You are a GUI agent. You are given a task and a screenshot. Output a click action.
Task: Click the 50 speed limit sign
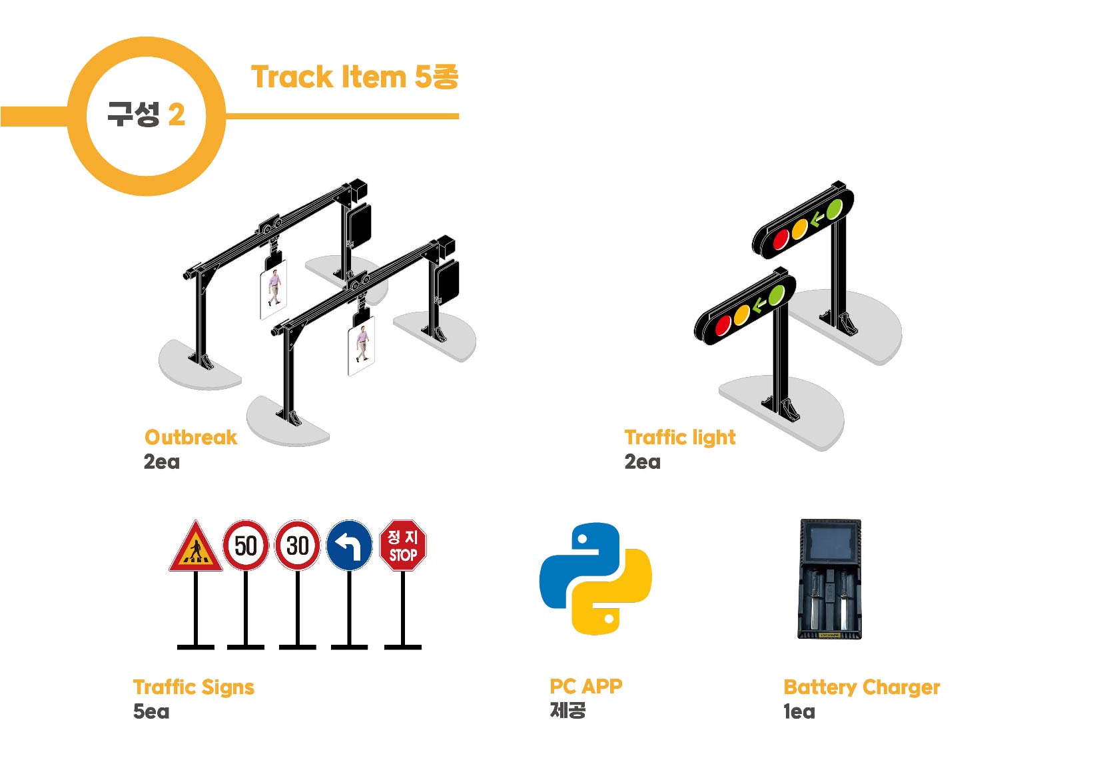[245, 546]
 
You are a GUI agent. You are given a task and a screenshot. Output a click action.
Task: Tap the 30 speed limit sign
[297, 546]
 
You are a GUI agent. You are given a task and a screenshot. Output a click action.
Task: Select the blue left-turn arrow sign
[349, 546]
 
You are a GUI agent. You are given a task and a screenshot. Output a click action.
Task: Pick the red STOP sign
[402, 546]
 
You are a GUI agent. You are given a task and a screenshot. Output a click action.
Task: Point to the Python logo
[595, 578]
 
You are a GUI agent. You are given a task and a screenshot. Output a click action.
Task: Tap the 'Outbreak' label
[190, 438]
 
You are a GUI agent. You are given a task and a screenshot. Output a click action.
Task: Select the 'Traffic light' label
[679, 438]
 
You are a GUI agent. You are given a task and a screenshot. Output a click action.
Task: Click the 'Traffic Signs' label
[193, 687]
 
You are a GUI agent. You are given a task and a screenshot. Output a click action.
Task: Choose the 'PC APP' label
[585, 686]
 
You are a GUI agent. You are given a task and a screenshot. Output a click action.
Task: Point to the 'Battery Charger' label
[861, 687]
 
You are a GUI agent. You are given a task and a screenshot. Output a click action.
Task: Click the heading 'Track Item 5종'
[354, 77]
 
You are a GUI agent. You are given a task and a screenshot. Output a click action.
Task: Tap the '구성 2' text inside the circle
[146, 115]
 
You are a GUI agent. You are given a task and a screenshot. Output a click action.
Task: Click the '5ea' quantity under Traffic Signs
[151, 711]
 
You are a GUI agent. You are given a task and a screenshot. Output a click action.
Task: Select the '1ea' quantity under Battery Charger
[799, 711]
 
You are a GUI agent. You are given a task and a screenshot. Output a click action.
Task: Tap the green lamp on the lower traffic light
[776, 295]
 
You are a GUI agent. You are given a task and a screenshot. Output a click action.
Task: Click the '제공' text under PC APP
[567, 710]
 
